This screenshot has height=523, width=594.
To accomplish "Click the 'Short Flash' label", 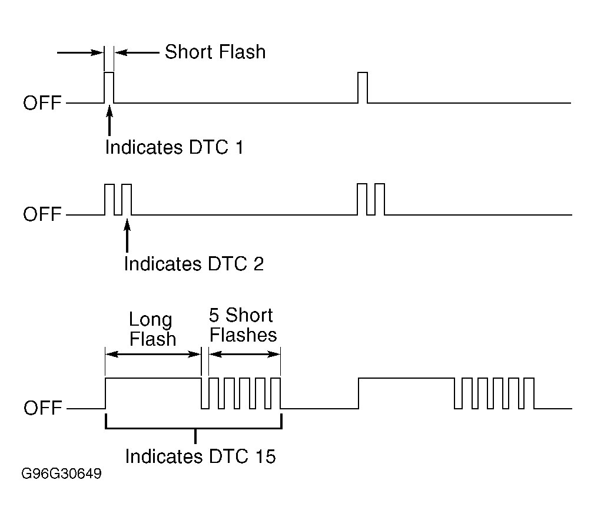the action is coord(215,52).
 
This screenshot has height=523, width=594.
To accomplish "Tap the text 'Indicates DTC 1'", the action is coord(174,147).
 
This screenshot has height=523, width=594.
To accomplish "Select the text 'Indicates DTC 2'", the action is coord(194,263).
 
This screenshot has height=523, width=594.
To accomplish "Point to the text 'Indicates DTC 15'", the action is coord(200,456).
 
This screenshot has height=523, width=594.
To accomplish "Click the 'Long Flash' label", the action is coord(152,329).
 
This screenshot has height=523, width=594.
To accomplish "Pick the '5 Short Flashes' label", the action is coord(243,325).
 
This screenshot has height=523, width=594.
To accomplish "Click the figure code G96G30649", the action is coord(61,474).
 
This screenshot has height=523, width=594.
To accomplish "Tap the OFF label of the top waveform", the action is coord(42,102).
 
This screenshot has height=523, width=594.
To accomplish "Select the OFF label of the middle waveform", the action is coord(42,214).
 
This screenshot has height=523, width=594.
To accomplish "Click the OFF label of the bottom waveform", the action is coord(42,408).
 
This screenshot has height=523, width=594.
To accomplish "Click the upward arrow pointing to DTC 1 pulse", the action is coord(109,121).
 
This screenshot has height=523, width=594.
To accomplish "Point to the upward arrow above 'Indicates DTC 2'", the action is coord(127,235).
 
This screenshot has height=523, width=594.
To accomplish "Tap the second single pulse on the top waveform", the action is coord(363,88).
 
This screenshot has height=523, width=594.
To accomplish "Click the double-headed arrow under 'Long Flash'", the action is coord(152,355).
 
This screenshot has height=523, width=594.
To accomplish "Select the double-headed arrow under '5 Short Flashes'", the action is coord(245,355).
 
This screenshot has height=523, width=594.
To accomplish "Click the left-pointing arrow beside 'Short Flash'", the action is coord(137,52).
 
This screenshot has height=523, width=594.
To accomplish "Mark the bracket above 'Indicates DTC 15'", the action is coord(194,429).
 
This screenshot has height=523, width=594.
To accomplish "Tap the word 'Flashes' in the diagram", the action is coord(243,335).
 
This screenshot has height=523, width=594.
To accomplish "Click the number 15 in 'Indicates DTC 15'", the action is coord(265,456).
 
